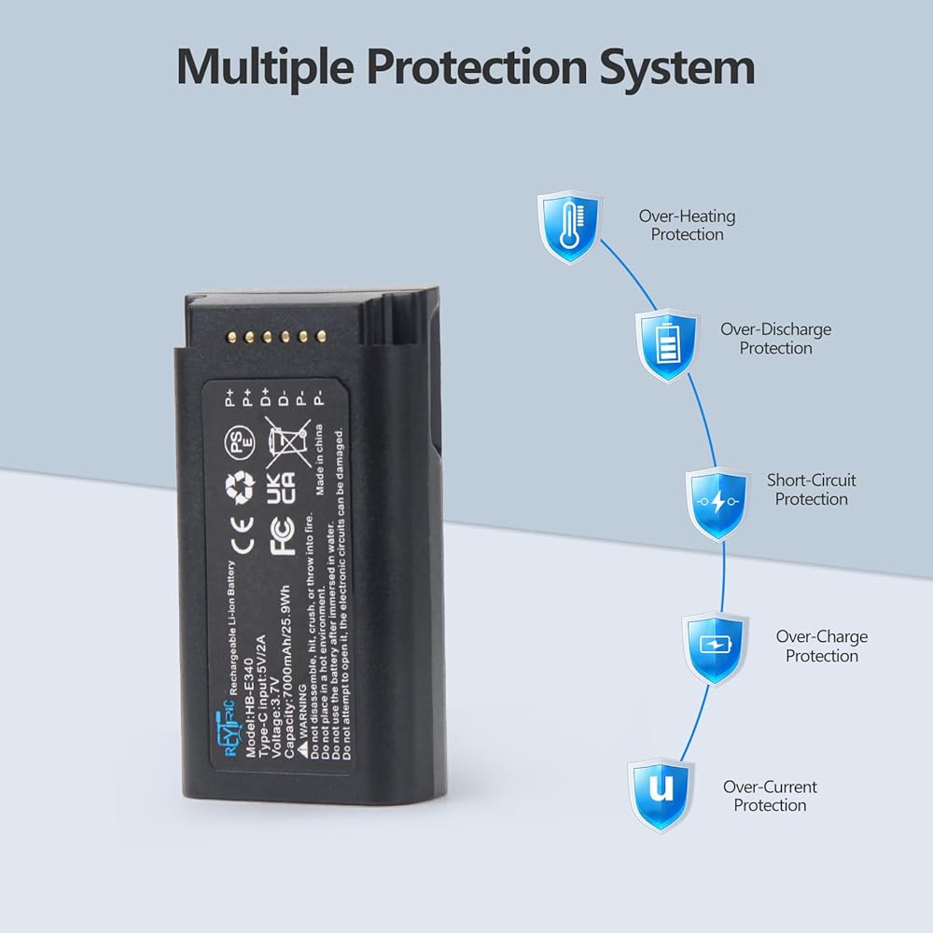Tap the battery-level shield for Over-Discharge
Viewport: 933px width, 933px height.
666,344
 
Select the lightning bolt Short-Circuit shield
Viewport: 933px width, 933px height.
717,503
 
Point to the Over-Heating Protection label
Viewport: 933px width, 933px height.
687,225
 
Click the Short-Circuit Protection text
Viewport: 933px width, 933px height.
811,490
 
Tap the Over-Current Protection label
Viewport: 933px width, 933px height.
770,796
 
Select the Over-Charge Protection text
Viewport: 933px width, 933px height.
821,646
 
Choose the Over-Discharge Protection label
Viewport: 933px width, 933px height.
775,338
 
